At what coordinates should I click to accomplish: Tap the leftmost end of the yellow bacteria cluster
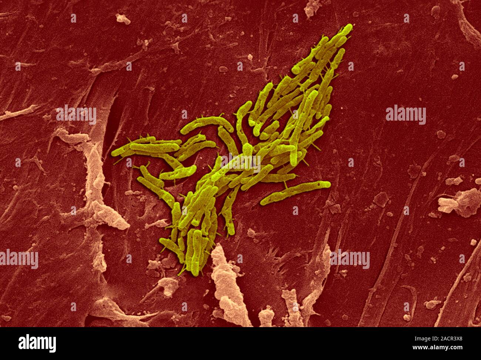coord(113,152)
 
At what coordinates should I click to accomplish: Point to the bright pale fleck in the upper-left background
coord(123,18)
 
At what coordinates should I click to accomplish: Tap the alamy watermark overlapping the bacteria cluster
coord(240,163)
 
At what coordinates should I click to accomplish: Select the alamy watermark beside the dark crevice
coord(76,115)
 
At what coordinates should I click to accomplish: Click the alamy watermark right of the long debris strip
coord(350,259)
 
